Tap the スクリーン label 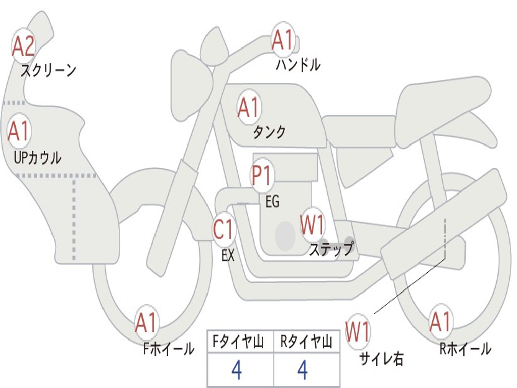[48, 70]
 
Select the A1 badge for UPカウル [19, 132]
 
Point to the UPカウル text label [37, 158]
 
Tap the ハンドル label [298, 65]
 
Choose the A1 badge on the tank [248, 107]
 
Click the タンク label [269, 132]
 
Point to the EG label [272, 202]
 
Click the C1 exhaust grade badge [224, 230]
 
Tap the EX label [228, 256]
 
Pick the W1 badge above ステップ [312, 225]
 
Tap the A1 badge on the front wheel [146, 323]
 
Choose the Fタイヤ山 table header [240, 342]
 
